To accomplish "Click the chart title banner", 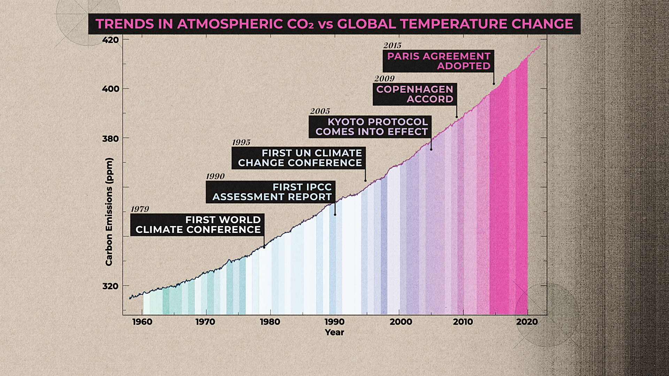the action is [334, 24].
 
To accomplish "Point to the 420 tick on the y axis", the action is [110, 40].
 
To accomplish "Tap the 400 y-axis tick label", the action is [110, 89].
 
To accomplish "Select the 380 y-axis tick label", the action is [110, 139].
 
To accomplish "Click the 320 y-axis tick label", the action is [110, 286].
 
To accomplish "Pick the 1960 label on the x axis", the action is [142, 322].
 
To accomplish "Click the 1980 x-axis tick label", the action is [270, 322].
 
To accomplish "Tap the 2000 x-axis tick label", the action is [401, 322].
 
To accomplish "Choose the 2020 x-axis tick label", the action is [527, 322].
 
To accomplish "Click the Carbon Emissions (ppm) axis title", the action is [109, 212].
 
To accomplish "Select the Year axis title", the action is [334, 332].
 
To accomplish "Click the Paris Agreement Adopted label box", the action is [438, 61].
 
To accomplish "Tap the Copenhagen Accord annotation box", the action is [415, 94].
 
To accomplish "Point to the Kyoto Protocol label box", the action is [370, 127].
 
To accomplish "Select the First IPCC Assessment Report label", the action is [271, 192].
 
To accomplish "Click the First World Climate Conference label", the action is [197, 225].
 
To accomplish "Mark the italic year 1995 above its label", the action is [241, 142].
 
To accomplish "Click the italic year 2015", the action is [392, 46].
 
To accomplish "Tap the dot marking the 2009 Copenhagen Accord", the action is [457, 117].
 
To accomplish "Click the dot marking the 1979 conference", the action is [264, 247].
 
